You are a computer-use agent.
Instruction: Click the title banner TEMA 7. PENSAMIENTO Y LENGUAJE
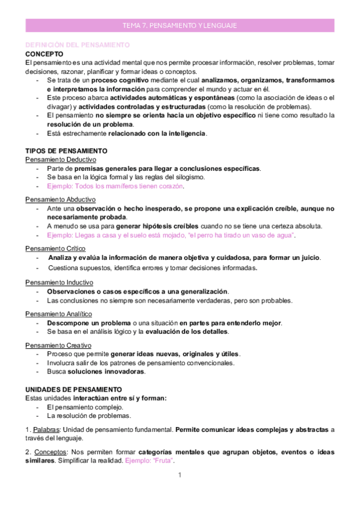[x=180, y=25]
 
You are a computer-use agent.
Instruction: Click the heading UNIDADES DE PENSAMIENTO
[x=73, y=389]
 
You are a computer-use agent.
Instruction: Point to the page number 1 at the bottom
[x=180, y=475]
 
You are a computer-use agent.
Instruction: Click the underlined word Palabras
[x=46, y=429]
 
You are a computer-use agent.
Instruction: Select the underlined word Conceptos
[x=50, y=452]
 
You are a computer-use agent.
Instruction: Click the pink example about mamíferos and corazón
[x=115, y=186]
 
